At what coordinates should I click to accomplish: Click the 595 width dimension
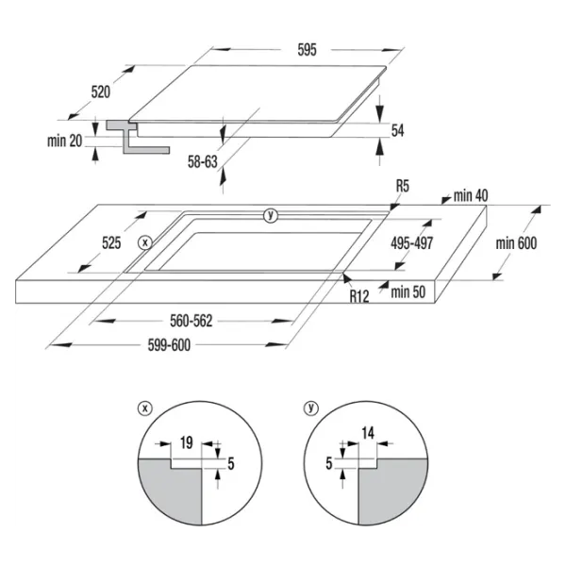[x=307, y=50]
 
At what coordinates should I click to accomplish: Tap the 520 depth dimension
[x=100, y=92]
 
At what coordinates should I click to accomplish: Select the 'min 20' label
[x=64, y=141]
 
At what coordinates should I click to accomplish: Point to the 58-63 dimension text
[x=203, y=161]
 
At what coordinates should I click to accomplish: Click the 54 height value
[x=397, y=130]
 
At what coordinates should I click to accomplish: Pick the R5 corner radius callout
[x=403, y=186]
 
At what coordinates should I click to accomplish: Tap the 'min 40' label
[x=471, y=195]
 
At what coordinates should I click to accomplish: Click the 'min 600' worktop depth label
[x=516, y=243]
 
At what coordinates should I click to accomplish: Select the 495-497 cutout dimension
[x=412, y=243]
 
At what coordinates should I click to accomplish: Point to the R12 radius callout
[x=359, y=296]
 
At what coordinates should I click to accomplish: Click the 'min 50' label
[x=408, y=291]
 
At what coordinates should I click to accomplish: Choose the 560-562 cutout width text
[x=191, y=321]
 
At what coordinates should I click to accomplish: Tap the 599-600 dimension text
[x=169, y=345]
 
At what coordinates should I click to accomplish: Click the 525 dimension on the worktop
[x=111, y=243]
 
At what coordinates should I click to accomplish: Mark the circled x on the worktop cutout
[x=145, y=242]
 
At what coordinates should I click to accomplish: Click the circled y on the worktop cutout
[x=271, y=215]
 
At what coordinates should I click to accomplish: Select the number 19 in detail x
[x=186, y=443]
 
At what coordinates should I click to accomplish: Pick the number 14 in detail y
[x=368, y=433]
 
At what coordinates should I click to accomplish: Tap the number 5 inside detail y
[x=329, y=463]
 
